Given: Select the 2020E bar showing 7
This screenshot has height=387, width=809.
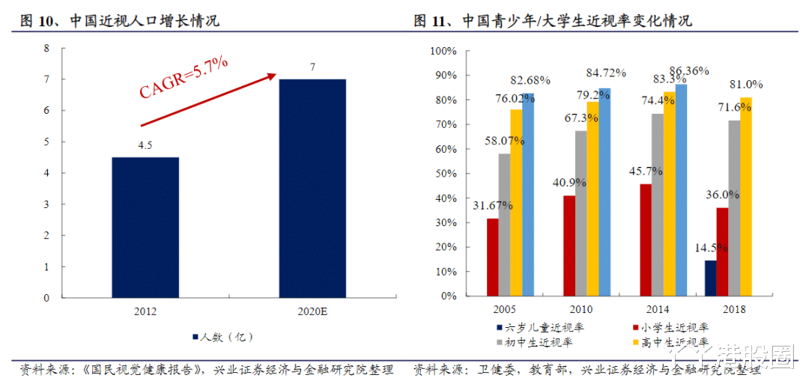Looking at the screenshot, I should [x=312, y=188].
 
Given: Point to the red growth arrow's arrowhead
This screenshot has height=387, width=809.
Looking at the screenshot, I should [x=270, y=76].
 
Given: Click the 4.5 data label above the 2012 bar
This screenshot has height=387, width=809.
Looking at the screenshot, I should [x=145, y=146].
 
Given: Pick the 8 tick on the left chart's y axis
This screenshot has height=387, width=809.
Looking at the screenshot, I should [x=46, y=48].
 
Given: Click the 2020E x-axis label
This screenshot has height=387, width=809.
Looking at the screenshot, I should [x=312, y=311].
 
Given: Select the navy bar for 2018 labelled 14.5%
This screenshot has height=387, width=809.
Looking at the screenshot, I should [x=710, y=278].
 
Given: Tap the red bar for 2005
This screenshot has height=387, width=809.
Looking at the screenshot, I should [x=492, y=257].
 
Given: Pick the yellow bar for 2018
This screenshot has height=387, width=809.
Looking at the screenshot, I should [x=745, y=197].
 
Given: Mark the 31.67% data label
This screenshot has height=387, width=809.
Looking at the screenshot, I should [x=491, y=206].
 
